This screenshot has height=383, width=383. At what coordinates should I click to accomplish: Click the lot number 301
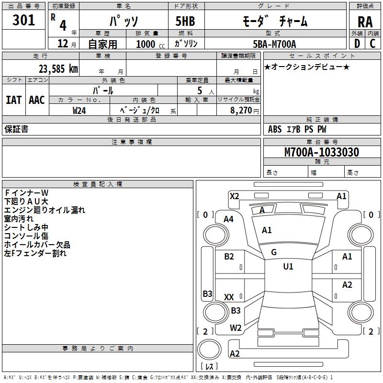click(x=23, y=20)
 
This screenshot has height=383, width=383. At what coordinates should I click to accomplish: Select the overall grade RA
click(x=365, y=22)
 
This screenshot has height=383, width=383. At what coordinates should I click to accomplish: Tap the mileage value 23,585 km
click(x=58, y=69)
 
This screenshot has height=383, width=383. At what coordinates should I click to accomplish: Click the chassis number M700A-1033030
click(x=322, y=152)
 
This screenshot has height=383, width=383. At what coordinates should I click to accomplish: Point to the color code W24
click(x=79, y=111)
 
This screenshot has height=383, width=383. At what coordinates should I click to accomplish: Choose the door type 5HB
click(x=185, y=21)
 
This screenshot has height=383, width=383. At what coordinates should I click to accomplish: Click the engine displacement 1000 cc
click(x=150, y=44)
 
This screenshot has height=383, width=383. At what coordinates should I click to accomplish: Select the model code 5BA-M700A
click(x=274, y=44)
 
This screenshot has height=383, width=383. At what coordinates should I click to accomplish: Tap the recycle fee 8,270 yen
click(x=245, y=111)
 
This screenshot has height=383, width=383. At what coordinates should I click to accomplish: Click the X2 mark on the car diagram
click(x=234, y=196)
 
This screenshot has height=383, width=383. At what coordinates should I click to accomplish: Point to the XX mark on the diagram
click(x=229, y=297)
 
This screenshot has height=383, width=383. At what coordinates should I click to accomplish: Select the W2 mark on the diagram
click(x=236, y=328)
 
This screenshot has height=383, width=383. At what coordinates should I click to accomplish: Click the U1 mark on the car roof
click(x=288, y=266)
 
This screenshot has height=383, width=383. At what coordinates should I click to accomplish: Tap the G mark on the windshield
click(x=274, y=252)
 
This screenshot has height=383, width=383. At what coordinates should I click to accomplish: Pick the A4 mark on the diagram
click(x=229, y=219)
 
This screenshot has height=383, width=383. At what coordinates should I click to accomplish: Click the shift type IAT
click(x=14, y=100)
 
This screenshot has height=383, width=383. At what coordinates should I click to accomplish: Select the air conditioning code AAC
click(x=37, y=100)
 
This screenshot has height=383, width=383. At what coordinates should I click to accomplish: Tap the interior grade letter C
click(x=372, y=44)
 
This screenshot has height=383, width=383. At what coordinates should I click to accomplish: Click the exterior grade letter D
click(x=357, y=44)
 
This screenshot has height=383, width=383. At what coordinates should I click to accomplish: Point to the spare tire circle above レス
click(x=209, y=349)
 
